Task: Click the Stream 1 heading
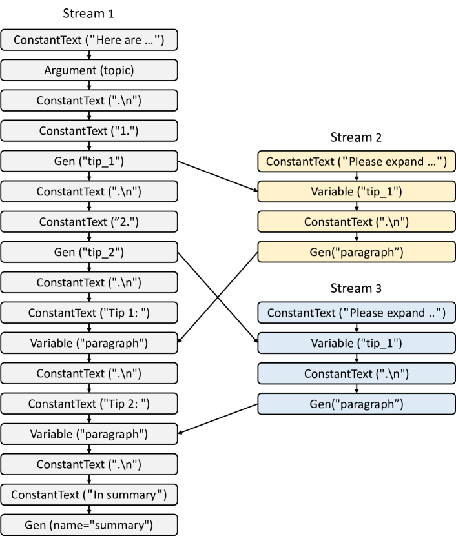88,13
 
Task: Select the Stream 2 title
356,137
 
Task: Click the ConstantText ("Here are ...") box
88,40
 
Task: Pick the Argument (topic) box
88,70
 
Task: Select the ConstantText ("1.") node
88,130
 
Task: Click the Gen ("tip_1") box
88,161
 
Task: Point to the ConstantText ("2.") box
88,221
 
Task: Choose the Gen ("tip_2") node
88,251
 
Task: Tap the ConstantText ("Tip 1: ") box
88,313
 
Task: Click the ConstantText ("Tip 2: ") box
88,404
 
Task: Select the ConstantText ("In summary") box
88,495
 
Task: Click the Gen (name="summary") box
88,524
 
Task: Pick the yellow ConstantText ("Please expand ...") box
356,161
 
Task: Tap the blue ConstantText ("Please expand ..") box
356,313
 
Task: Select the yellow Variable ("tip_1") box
356,192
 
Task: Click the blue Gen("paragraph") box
356,403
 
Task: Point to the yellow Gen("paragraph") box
356,251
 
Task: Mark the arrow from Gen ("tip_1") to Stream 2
216,175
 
